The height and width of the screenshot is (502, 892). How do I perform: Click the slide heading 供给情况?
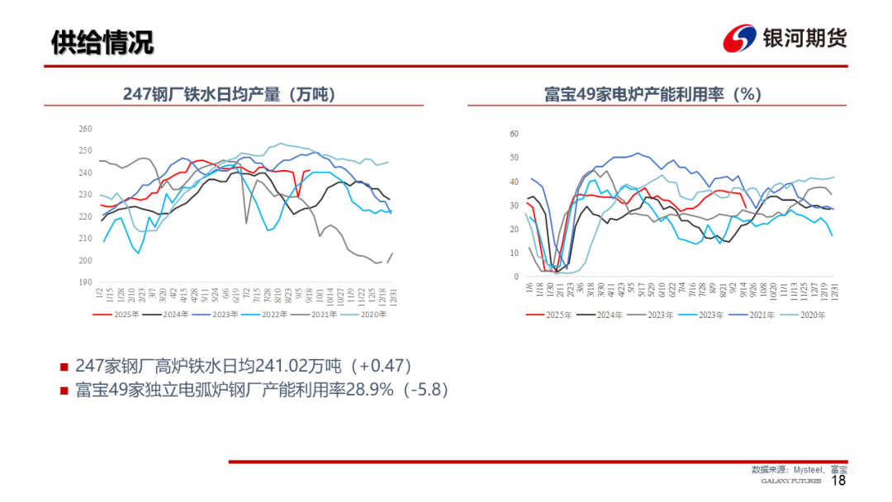point(102,41)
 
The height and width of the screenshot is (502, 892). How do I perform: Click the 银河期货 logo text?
point(804,38)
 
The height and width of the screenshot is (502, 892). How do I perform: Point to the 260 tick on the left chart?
point(84,129)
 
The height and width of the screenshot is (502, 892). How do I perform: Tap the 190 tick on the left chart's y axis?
point(84,282)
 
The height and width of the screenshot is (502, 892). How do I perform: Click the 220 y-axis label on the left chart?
point(84,216)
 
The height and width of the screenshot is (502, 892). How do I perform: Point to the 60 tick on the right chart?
point(513,133)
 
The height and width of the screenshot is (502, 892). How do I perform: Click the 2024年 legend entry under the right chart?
point(604,314)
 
